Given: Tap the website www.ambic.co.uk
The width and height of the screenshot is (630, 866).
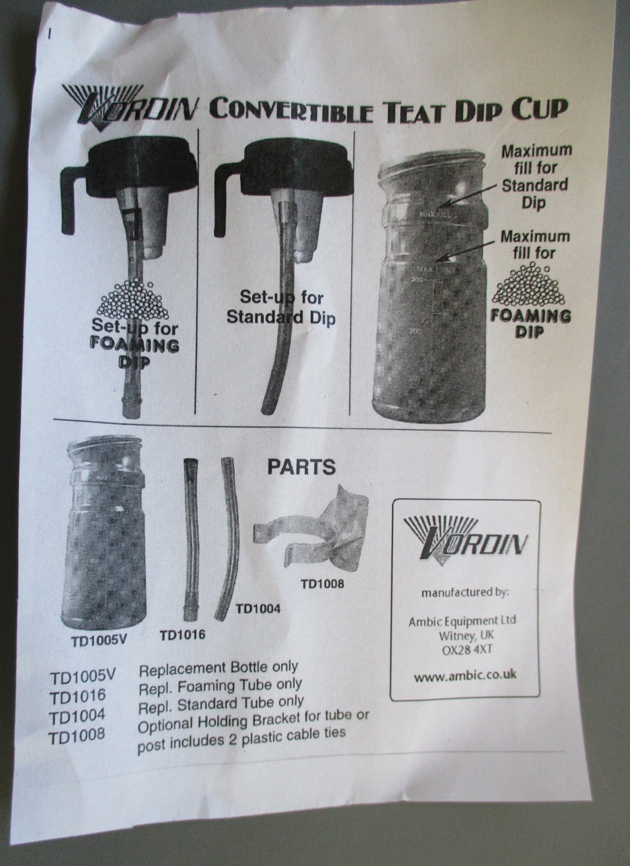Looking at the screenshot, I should tap(465, 675).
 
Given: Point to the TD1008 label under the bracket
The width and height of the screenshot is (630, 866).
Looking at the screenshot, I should tap(322, 584).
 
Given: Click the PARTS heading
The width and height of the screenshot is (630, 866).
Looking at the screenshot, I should tap(301, 466).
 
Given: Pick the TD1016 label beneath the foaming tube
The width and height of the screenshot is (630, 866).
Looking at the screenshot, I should tap(182, 635).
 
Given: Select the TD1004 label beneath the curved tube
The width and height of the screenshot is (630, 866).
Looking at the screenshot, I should tap(258, 608).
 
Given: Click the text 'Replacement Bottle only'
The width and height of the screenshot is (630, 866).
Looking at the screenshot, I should tap(219, 669).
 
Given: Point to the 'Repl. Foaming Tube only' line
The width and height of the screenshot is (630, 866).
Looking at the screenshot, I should tap(220, 686).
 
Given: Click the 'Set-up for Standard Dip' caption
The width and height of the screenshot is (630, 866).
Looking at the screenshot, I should tap(281, 308).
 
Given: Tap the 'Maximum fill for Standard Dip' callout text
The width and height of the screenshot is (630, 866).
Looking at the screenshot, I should tap(535, 176).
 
